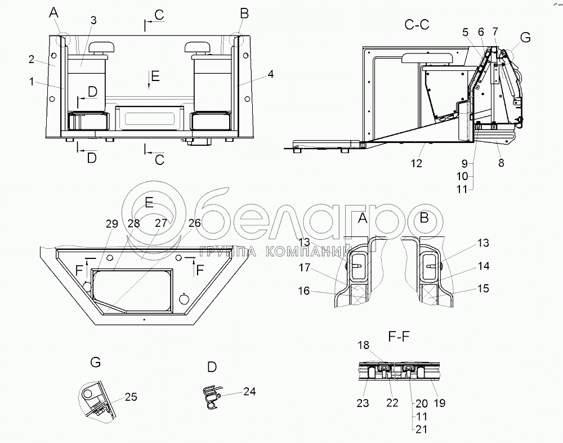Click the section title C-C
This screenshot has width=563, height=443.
pyautogui.click(x=417, y=25)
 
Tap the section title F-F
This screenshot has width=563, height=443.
pyautogui.click(x=399, y=337)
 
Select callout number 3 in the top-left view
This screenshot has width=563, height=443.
pyautogui.click(x=93, y=20)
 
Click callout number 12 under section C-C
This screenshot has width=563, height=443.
pyautogui.click(x=417, y=163)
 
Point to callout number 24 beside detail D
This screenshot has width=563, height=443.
pyautogui.click(x=249, y=391)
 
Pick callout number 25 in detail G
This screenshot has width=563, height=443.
pyautogui.click(x=131, y=397)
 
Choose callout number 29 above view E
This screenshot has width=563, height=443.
pyautogui.click(x=112, y=223)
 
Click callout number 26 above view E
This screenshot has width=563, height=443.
pyautogui.click(x=195, y=223)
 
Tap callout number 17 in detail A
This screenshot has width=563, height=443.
pyautogui.click(x=305, y=267)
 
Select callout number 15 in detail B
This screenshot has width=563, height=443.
pyautogui.click(x=483, y=289)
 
